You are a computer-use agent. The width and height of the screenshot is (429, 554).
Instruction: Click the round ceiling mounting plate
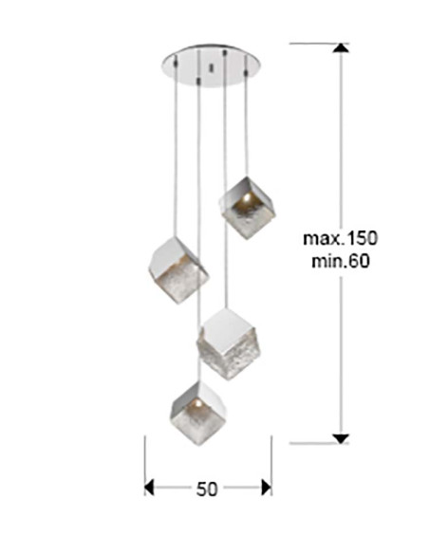point(211,65)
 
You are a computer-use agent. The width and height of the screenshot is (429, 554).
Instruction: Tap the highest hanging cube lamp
point(247,208)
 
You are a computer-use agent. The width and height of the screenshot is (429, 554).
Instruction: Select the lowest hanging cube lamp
point(198,414)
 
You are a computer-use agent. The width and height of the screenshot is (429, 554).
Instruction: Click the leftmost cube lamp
point(178,270)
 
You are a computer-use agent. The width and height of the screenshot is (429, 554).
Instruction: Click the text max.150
point(341,238)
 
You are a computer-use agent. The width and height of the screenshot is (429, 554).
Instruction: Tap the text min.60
point(341,262)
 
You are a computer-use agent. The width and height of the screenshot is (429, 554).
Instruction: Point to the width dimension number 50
point(207,489)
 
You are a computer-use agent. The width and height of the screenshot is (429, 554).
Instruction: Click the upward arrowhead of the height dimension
point(341,48)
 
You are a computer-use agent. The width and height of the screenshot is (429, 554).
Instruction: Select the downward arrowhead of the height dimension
point(341,439)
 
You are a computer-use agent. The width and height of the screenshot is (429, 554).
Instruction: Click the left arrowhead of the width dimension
point(149,488)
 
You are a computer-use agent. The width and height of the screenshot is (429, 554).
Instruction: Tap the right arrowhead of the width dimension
point(267,488)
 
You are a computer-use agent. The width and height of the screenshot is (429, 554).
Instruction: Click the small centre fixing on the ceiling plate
point(212,67)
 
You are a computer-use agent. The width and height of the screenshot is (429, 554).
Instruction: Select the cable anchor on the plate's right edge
point(246,70)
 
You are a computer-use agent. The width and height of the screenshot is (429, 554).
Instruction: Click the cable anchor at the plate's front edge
point(199,81)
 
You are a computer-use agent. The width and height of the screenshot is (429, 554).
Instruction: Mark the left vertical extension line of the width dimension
point(145,466)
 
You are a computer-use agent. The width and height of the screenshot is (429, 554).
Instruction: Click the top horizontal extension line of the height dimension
point(319,44)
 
